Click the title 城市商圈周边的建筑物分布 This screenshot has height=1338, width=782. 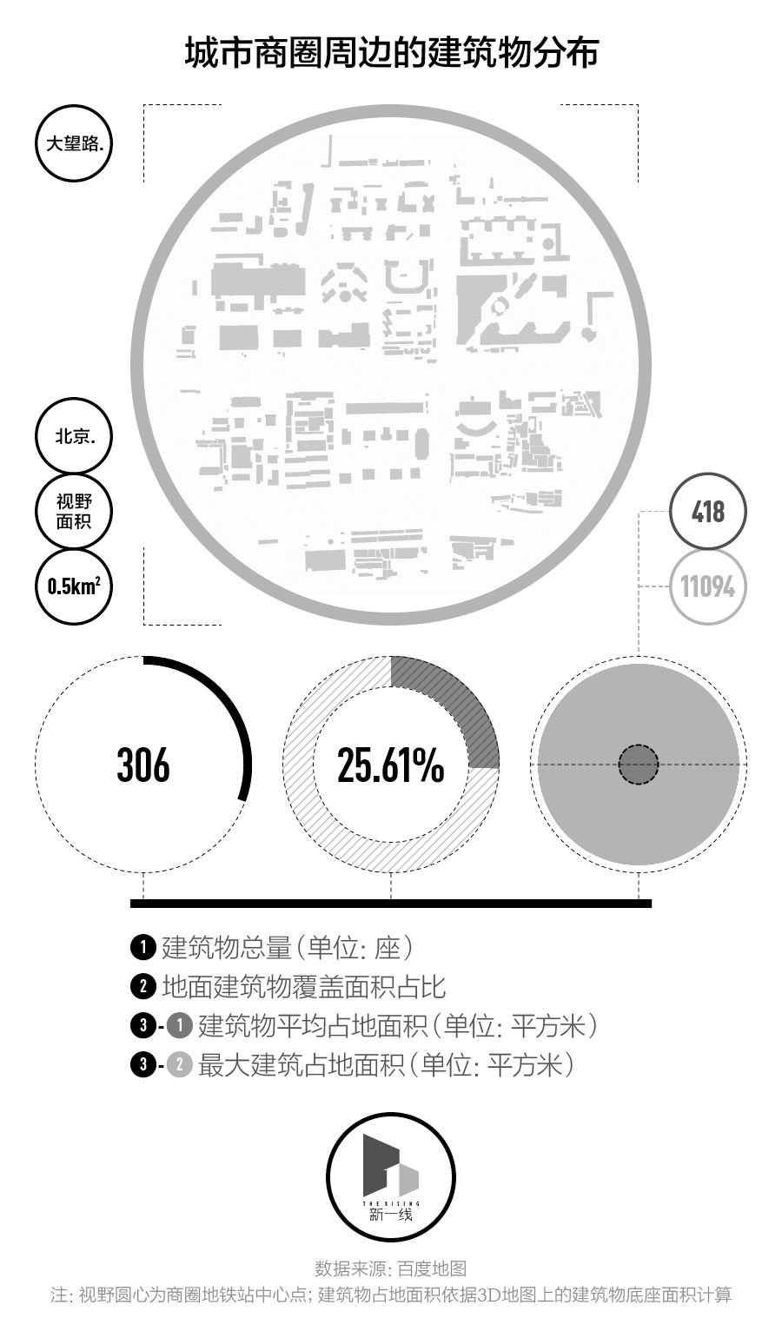coord(391,53)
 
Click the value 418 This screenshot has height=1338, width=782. coord(707,511)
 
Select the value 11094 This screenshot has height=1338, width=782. coord(707,586)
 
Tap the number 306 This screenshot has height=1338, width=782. coord(143,765)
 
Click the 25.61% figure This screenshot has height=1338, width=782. coord(391,765)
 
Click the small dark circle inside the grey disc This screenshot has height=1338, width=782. coord(639,765)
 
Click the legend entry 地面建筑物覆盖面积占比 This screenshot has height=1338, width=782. coord(304,987)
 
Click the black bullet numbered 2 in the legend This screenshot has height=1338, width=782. coord(142,987)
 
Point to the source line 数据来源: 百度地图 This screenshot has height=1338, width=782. coord(391,1269)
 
